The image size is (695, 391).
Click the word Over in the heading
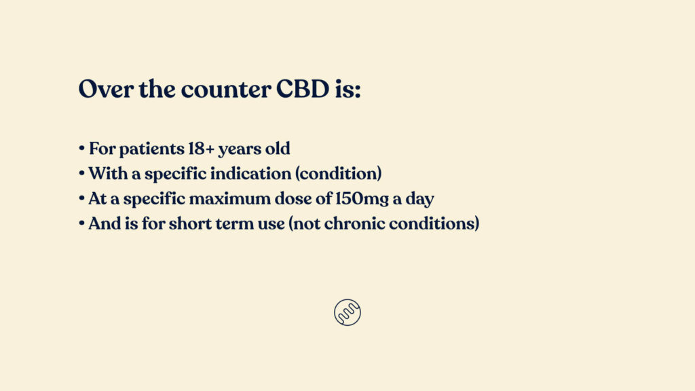tap(105, 89)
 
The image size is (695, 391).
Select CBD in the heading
tap(303, 89)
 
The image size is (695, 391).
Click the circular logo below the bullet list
tap(347, 312)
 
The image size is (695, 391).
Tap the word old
tap(278, 148)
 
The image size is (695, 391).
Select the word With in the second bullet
tap(108, 173)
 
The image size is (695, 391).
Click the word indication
tap(250, 173)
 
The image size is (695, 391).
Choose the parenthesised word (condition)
tap(338, 174)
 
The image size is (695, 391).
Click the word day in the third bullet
tap(419, 199)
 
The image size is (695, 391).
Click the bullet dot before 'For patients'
tap(81, 149)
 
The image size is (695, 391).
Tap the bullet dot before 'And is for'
tap(81, 223)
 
